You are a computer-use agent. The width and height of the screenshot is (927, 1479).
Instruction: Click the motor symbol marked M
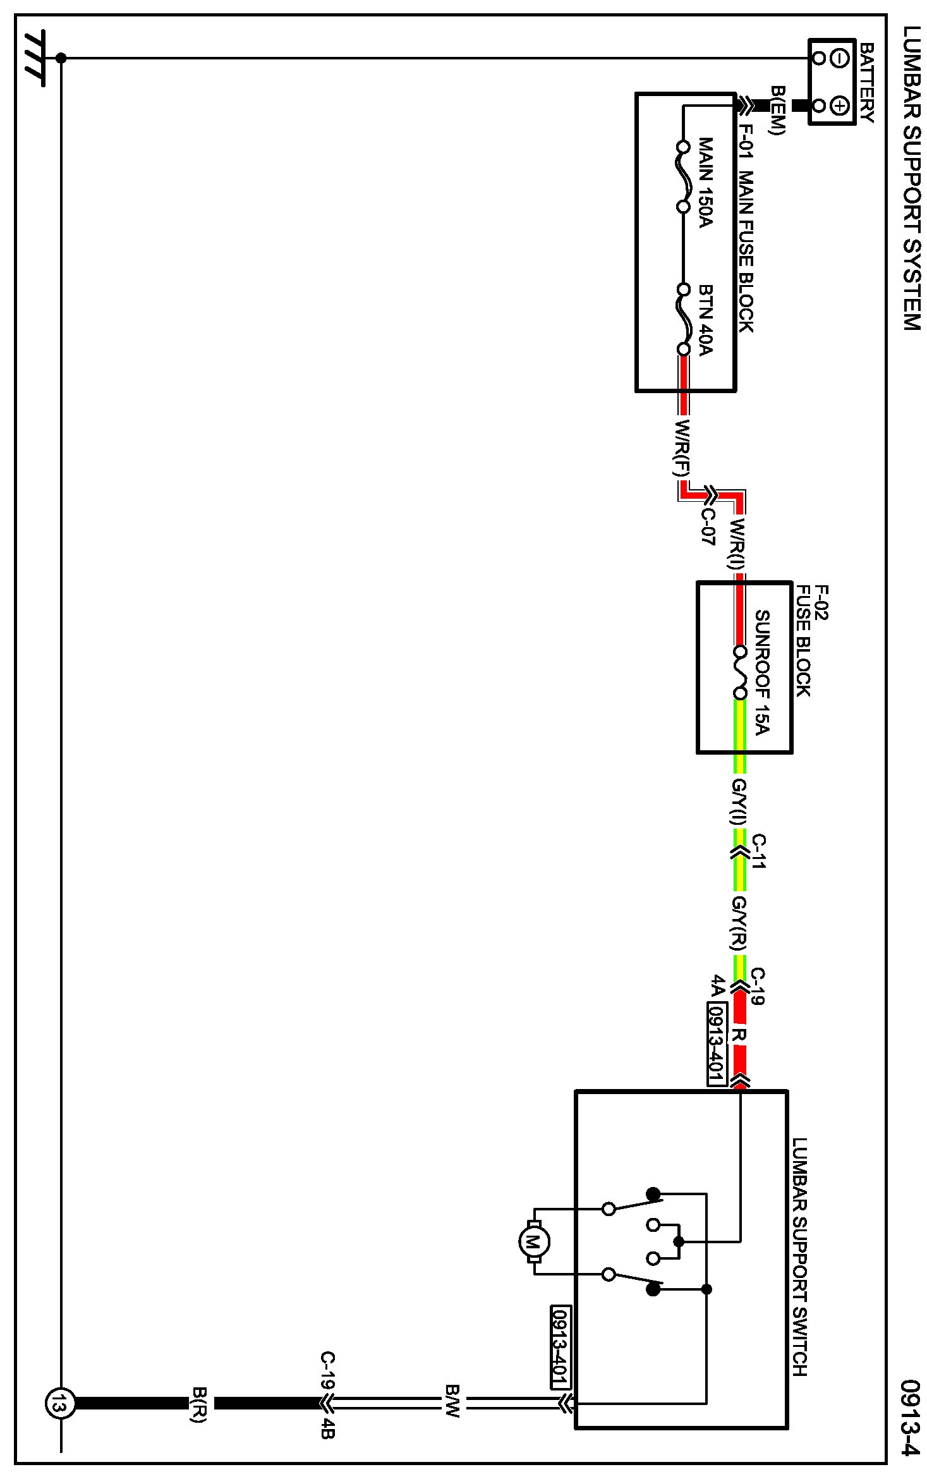533,1242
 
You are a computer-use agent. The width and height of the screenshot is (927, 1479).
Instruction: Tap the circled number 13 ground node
60,1405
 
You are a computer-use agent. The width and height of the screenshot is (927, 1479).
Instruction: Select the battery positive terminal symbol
839,105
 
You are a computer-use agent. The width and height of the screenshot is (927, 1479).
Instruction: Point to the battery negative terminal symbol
839,59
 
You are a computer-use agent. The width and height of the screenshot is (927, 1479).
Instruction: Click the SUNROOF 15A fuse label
762,672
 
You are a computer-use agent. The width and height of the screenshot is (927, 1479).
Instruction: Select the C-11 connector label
758,851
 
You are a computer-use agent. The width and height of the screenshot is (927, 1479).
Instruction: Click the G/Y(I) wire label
739,802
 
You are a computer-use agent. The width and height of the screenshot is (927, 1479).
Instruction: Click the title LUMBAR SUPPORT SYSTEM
911,178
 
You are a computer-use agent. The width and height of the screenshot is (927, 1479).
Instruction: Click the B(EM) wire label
777,111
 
